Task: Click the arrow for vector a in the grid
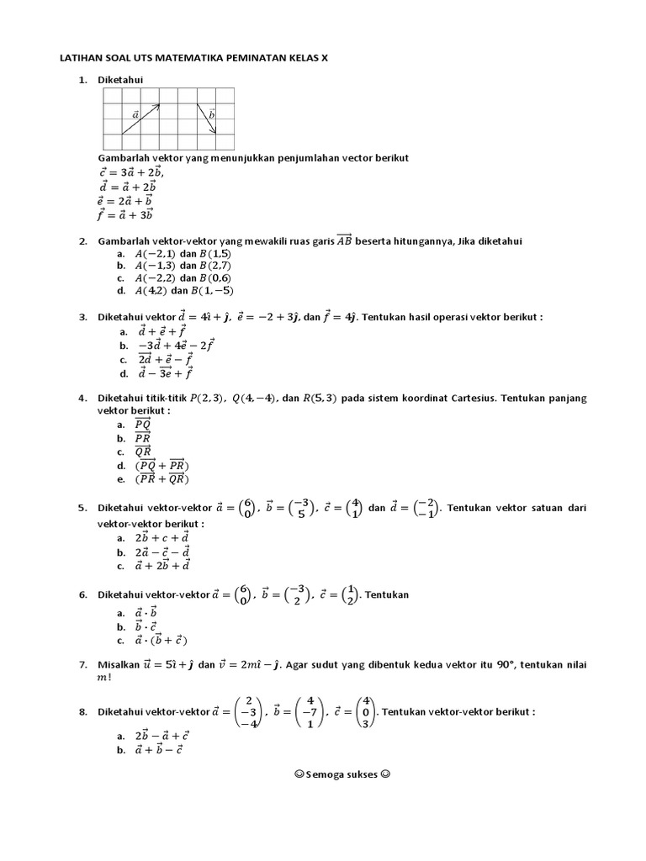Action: tap(140, 119)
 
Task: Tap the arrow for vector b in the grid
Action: tap(207, 119)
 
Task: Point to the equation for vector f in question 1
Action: tap(125, 215)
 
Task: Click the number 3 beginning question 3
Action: tap(82, 317)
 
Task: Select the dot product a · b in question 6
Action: tap(146, 614)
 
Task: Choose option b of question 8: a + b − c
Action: tap(159, 749)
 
